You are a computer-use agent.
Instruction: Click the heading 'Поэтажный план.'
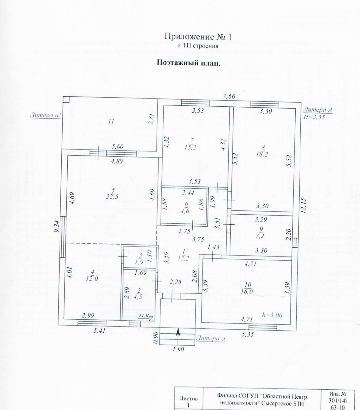coord(188,63)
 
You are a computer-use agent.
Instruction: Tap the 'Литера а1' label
coord(45,116)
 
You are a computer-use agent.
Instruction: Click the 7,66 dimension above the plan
coord(229,96)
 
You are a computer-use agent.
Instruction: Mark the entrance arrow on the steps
coord(178,337)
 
